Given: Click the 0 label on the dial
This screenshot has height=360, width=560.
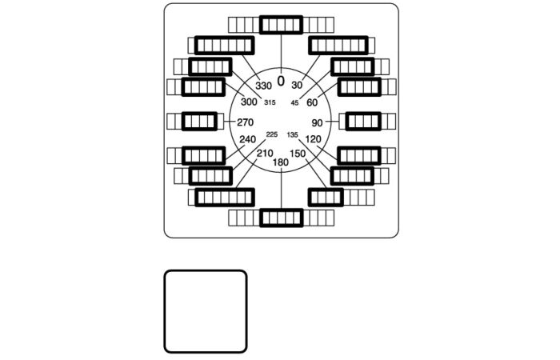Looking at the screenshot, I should (281, 81).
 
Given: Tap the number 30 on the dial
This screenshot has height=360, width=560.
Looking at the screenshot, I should (297, 86).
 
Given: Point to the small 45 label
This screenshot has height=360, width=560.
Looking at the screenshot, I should (294, 102).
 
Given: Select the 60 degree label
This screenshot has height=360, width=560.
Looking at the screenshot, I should (312, 102).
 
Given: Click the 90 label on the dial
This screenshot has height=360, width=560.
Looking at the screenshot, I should (318, 122).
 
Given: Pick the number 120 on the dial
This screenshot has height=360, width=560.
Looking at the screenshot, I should (314, 139).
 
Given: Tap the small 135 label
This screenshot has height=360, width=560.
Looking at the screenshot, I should (292, 134).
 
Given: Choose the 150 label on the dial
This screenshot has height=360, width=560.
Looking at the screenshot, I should (298, 154).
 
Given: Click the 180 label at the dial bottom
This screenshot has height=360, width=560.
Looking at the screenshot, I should (281, 162).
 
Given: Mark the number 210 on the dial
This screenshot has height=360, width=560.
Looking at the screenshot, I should (265, 154).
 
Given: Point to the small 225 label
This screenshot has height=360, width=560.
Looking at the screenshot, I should (272, 134).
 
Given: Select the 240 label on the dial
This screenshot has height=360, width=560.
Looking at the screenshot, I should (248, 139).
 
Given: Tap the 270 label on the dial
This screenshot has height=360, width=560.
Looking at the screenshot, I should (245, 122).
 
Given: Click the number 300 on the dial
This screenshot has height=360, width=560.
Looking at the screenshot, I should (249, 102).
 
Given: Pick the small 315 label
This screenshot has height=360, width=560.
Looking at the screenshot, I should (270, 102).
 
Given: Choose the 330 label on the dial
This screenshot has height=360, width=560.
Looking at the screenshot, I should (264, 86).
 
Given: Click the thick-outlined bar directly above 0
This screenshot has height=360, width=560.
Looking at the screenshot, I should (282, 26).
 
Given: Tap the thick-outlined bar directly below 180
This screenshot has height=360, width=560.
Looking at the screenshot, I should (282, 217).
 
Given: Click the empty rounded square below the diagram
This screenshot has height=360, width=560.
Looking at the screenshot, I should (206, 311).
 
